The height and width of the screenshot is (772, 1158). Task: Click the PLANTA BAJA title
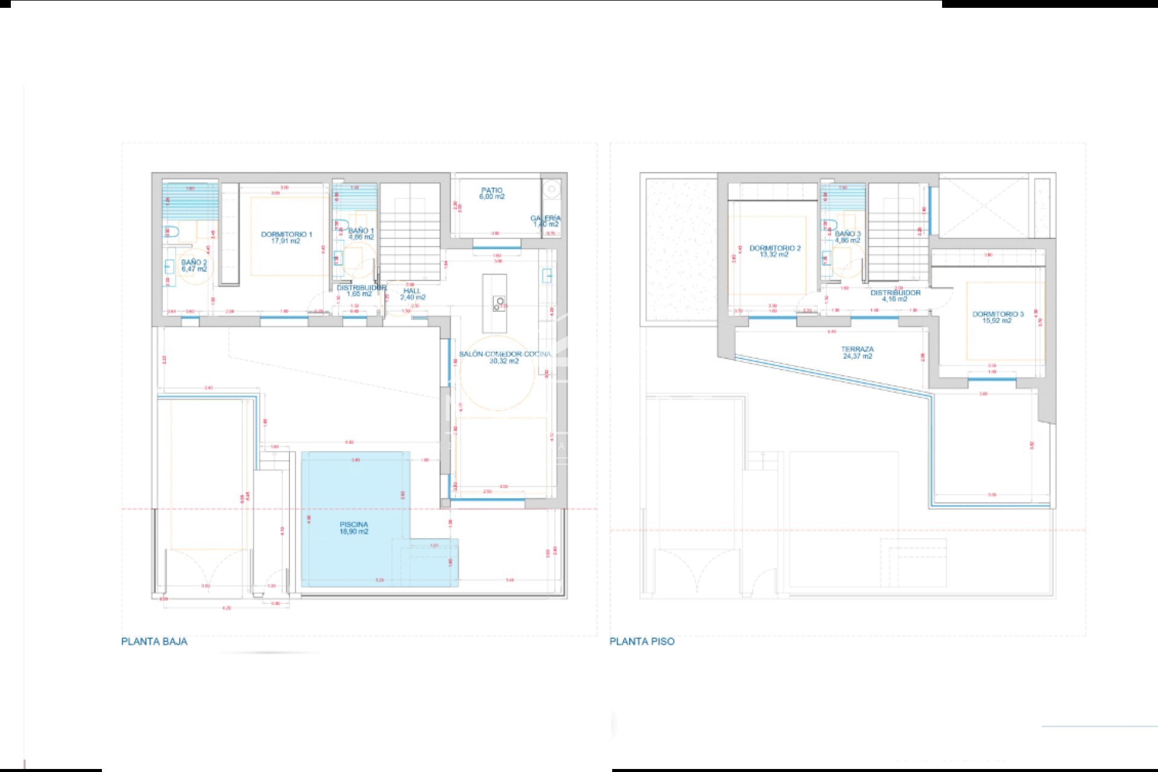coord(154,641)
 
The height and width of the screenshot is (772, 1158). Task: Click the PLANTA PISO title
coord(642,641)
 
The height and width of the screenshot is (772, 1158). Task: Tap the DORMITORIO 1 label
coord(286,238)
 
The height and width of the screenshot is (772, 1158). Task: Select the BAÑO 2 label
coord(194,265)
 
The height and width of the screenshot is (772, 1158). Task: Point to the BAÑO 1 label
coord(361,234)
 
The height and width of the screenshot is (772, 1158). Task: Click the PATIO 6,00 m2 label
coord(492,193)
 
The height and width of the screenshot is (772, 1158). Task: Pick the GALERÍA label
coord(546,221)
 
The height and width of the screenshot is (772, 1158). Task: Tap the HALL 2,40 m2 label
coord(413,294)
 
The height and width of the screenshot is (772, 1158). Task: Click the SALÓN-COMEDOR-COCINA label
coord(505,357)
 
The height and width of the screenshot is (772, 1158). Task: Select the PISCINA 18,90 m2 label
coord(354,528)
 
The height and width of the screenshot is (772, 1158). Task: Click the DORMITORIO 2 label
coord(775,251)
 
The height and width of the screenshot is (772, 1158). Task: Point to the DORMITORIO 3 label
coord(998,317)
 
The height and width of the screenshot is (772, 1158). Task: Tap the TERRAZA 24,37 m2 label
coord(857,352)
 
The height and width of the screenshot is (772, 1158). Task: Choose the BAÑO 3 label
coord(847,236)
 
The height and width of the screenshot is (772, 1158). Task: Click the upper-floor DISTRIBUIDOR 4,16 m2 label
coord(895,296)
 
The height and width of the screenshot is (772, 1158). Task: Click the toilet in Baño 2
coord(172,232)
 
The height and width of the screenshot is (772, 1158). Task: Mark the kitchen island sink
coord(499,302)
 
